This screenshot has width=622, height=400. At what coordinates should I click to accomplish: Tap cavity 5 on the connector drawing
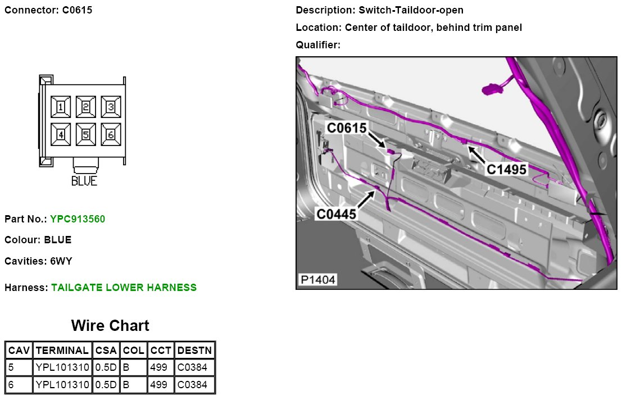tap(86, 134)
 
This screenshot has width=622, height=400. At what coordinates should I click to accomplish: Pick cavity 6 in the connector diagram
tap(111, 134)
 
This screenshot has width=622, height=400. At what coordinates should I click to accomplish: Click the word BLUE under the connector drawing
tap(84, 181)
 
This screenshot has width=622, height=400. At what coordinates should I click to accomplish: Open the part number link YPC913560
tap(78, 219)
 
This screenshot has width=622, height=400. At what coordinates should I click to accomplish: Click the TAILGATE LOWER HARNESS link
tap(124, 288)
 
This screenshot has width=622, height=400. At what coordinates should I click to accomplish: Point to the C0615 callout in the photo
tap(347, 128)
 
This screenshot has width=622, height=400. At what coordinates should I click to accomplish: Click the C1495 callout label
tap(506, 168)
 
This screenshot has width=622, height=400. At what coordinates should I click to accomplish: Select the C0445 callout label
tap(337, 214)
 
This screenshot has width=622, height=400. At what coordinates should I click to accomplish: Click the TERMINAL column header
tap(62, 351)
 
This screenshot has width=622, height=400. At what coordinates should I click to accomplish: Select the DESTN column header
tap(194, 351)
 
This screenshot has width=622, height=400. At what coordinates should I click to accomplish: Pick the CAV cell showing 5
tap(11, 368)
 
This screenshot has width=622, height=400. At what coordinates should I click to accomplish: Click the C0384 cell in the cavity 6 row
tap(192, 385)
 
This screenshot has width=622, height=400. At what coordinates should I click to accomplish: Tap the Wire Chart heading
tap(110, 325)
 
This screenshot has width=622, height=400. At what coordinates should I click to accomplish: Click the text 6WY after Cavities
tap(61, 261)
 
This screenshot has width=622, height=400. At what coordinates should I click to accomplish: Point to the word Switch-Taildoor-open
tap(410, 10)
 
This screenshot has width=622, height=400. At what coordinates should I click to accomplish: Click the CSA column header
tap(106, 351)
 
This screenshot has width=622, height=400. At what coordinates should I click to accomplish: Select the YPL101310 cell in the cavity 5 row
tap(62, 368)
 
